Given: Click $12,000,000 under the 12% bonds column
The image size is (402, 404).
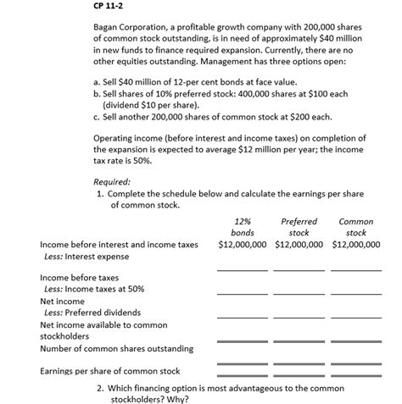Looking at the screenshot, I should click(243, 245).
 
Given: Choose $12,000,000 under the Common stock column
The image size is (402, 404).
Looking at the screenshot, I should click(357, 245).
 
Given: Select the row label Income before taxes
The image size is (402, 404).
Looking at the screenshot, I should click(80, 278).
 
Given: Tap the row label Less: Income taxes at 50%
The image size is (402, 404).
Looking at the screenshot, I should click(93, 290).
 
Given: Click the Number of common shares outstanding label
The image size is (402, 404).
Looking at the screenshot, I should click(116, 348).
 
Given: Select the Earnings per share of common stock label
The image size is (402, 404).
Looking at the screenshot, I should click(110, 371).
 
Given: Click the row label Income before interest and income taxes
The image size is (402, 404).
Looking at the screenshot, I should click(119, 245).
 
